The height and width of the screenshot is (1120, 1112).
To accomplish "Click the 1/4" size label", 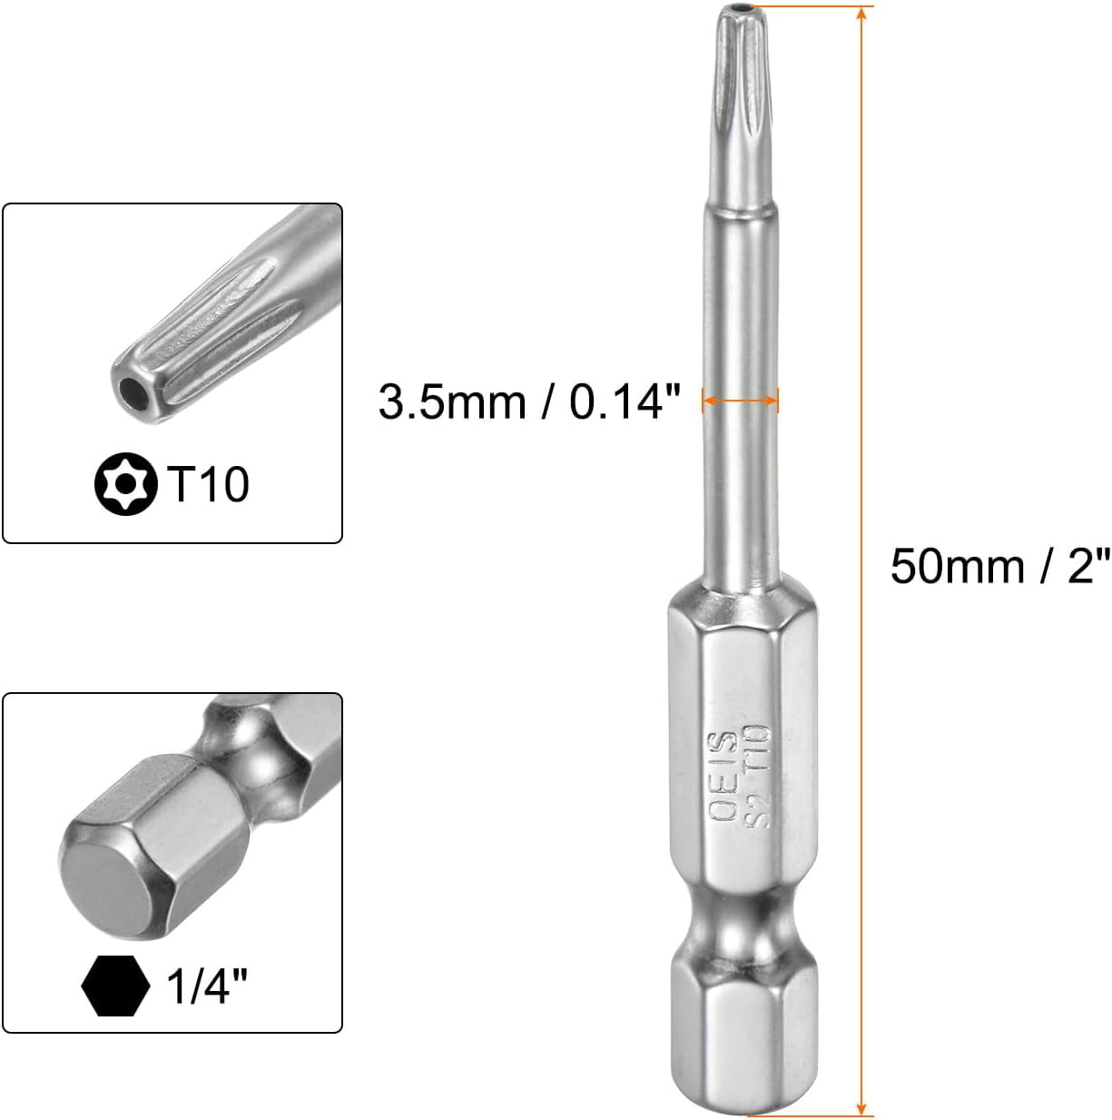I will click(208, 986).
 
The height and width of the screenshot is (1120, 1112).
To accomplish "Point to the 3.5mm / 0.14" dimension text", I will click(529, 401).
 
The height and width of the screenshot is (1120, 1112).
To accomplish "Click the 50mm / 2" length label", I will click(999, 567).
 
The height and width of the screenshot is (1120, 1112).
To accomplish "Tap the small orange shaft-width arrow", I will click(740, 399).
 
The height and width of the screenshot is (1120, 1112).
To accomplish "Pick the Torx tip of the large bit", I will click(737, 73).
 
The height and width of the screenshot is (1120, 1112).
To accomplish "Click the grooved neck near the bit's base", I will click(738, 922).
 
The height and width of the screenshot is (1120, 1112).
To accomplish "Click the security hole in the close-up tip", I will click(134, 392).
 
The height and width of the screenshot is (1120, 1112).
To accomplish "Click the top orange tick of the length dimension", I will click(860, 6).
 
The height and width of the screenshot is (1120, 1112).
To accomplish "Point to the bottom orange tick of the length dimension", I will click(860, 1115).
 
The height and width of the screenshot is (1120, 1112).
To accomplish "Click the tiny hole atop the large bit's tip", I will click(737, 10).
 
